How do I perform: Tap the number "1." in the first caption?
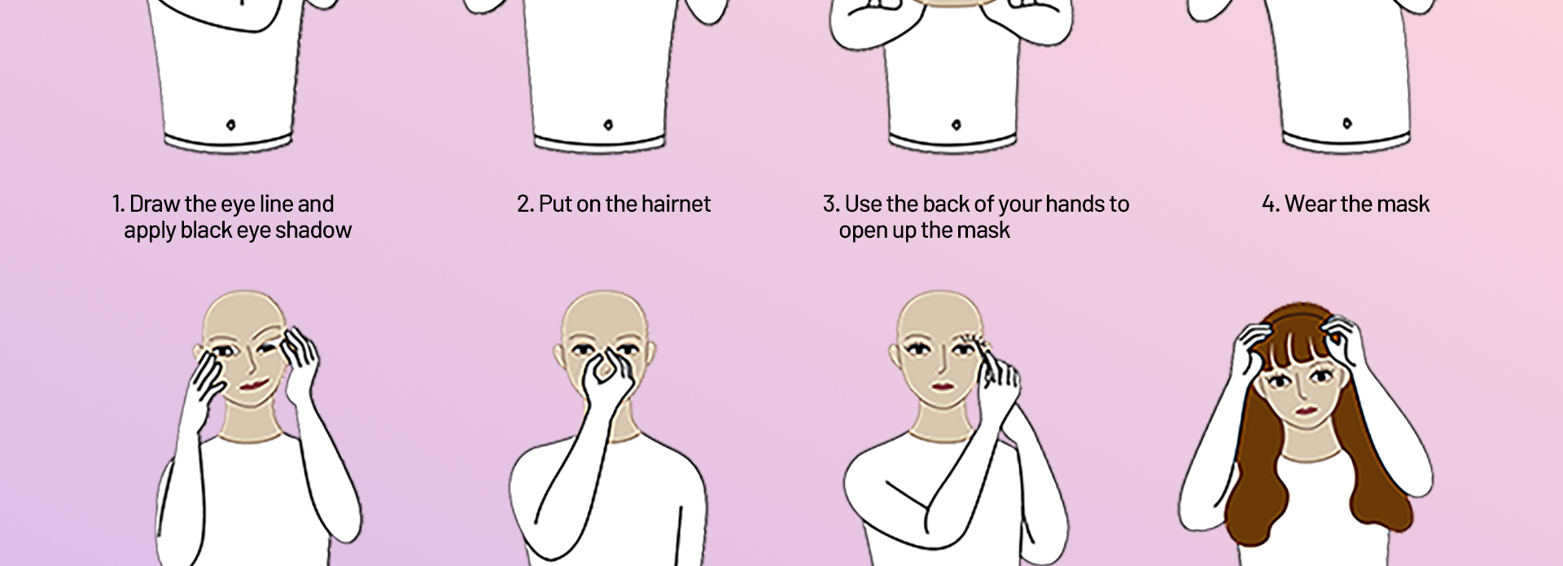point(118,204)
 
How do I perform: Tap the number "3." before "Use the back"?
point(830,204)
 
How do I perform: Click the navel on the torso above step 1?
point(230,125)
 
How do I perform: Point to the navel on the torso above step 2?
point(608,125)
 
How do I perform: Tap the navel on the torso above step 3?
point(956,125)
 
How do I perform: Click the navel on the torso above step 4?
point(1347,124)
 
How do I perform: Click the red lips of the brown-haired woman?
point(1305,410)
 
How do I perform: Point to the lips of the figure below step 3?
point(942,386)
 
